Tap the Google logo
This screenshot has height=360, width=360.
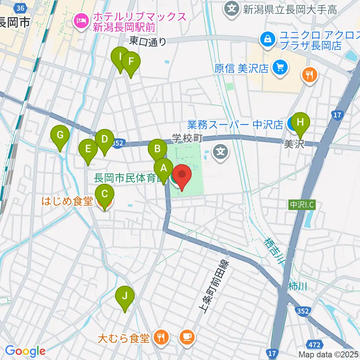click(25, 351)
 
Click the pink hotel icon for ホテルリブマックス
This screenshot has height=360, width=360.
click(81, 20)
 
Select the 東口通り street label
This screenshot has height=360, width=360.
click(147, 41)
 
